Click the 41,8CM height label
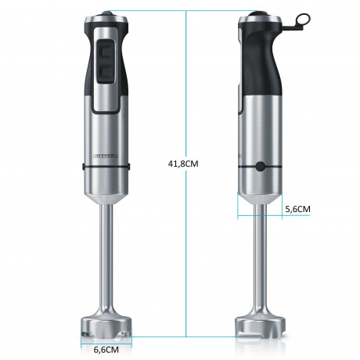coord(185,163)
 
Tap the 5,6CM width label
coord(298,209)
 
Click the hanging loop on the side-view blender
coord(293,24)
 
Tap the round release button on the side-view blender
coord(259,165)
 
